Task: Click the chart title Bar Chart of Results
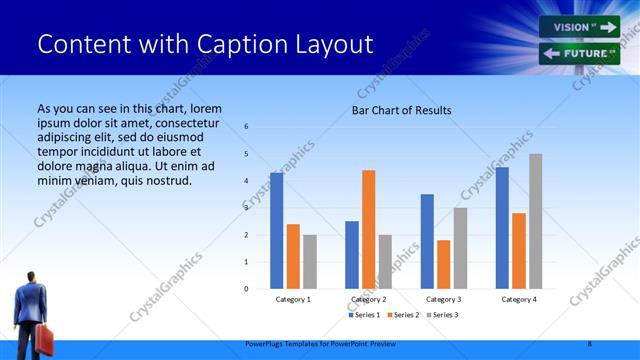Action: (401, 110)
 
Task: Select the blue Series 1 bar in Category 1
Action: (276, 231)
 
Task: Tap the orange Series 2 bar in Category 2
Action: (368, 229)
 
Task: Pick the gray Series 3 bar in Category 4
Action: (535, 221)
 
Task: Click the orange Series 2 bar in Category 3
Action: (443, 264)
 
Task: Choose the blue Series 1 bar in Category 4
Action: (501, 228)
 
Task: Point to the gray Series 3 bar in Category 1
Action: (310, 262)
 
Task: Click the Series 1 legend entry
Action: (364, 316)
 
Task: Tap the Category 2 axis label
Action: (368, 299)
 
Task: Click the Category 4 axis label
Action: (518, 299)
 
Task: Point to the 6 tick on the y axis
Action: (246, 127)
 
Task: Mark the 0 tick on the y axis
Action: (246, 289)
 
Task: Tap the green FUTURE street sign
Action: (579, 54)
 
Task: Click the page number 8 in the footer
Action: (589, 343)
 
